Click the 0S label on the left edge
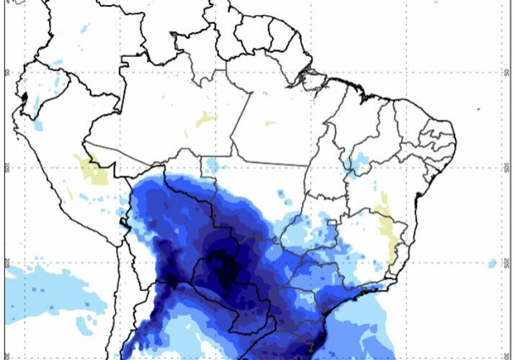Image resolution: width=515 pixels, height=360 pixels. [x=6, y=72]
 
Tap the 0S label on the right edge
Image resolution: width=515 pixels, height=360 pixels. [x=507, y=72]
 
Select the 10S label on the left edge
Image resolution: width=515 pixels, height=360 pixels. [x=6, y=167]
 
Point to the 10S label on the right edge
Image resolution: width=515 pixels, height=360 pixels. [x=507, y=167]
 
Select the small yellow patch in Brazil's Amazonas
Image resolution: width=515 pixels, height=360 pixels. [x=205, y=120]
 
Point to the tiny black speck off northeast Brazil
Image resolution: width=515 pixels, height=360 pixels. [x=479, y=109]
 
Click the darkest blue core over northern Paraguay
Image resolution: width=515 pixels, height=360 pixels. [x=227, y=266]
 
